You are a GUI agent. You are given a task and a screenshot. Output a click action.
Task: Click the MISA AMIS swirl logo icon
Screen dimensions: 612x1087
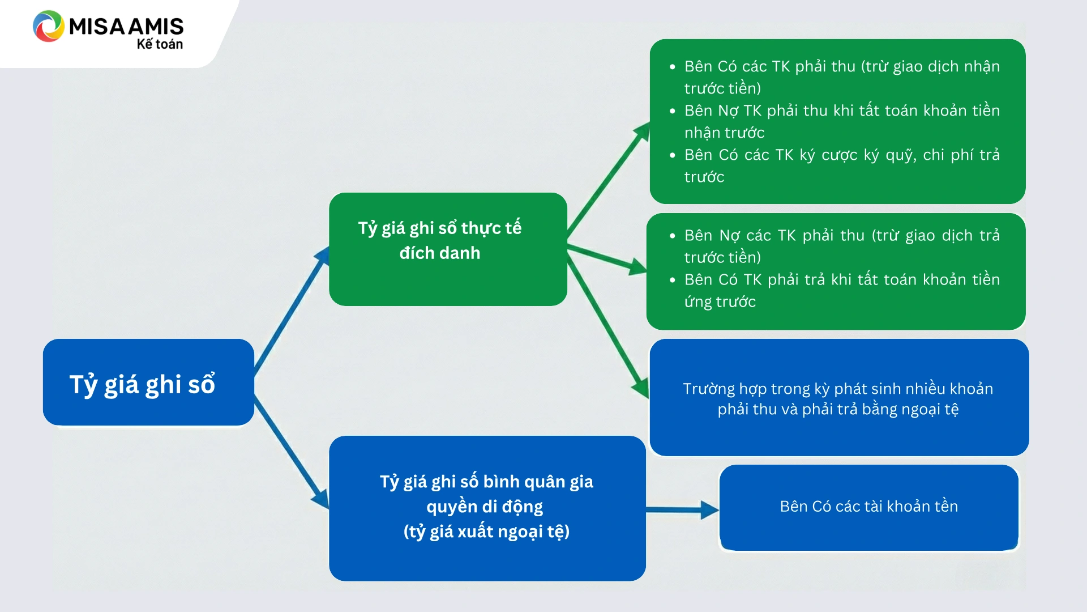click(x=48, y=26)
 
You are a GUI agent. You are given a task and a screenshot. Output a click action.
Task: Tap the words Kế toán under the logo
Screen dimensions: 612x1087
click(x=160, y=44)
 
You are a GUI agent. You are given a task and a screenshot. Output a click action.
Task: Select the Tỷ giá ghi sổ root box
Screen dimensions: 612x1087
click(x=148, y=382)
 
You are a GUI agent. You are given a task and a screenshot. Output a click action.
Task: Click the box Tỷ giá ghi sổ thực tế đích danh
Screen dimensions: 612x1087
click(x=448, y=249)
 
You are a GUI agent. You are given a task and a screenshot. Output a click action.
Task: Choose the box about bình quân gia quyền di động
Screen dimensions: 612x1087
click(x=487, y=508)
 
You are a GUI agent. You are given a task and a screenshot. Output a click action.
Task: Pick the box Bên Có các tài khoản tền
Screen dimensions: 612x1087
click(x=868, y=507)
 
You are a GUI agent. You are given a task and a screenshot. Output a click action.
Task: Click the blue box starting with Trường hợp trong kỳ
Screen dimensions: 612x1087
click(x=838, y=398)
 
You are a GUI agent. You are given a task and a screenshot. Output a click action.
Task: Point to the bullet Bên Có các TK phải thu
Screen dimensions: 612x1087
click(x=841, y=77)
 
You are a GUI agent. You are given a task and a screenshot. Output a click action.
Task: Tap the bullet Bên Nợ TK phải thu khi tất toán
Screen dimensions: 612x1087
click(x=841, y=121)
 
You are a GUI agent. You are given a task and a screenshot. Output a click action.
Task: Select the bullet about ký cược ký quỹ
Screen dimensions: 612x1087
click(x=841, y=165)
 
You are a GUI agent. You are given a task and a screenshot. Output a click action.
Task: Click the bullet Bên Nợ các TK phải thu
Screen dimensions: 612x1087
click(x=841, y=246)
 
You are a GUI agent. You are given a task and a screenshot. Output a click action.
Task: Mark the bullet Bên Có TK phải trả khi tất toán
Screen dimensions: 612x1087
click(x=841, y=290)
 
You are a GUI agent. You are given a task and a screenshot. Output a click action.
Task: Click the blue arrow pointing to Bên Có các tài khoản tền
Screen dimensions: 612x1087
click(x=682, y=509)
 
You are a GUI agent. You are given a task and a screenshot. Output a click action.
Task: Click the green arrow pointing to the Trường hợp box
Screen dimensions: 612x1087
click(x=609, y=326)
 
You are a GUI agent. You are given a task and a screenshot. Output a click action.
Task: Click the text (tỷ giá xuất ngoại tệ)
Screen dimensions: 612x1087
click(x=486, y=532)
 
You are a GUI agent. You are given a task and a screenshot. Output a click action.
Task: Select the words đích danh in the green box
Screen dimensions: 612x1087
click(x=440, y=253)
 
